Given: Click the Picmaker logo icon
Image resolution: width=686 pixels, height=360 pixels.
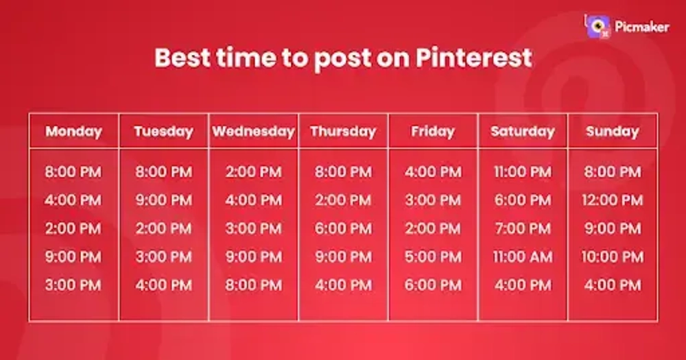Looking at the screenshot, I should tap(597, 26).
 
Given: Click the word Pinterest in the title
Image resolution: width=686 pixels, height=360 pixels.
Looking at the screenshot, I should tap(474, 58).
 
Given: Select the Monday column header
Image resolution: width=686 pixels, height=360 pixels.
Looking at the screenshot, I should tap(73, 132).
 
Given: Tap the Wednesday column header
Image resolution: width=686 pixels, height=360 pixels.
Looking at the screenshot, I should tap(253, 132).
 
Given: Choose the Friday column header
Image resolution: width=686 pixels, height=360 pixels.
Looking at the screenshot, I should tap(433, 132).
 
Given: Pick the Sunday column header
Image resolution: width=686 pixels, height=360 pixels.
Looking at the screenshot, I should tap(613, 132).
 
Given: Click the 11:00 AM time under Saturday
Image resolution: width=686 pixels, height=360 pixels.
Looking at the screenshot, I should tap(523, 257).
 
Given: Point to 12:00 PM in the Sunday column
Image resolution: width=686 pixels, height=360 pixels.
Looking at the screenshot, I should tap(613, 200).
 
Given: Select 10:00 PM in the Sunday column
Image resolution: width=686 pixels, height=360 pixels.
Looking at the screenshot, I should tap(613, 257).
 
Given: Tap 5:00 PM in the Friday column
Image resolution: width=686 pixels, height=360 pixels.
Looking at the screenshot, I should tap(433, 257).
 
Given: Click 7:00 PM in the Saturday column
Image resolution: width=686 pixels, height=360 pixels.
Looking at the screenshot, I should tap(523, 228).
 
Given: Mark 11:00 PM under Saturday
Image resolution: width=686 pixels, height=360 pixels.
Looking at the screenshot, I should tap(523, 172).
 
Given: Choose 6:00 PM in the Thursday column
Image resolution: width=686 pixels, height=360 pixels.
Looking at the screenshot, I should tap(343, 228).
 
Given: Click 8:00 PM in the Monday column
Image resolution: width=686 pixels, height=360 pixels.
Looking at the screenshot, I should tap(73, 172).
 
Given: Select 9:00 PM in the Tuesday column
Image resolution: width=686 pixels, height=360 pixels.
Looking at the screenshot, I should tap(163, 200).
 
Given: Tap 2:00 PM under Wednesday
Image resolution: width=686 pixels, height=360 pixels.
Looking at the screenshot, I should tap(253, 172).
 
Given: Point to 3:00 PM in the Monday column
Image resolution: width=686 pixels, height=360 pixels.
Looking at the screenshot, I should tap(73, 285).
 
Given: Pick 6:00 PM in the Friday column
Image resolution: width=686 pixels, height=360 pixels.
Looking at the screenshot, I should tap(433, 285).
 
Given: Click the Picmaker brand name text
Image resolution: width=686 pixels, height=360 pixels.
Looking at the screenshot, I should tap(641, 27).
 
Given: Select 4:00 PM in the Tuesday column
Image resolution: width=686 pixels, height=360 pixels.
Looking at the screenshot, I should tap(163, 285).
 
